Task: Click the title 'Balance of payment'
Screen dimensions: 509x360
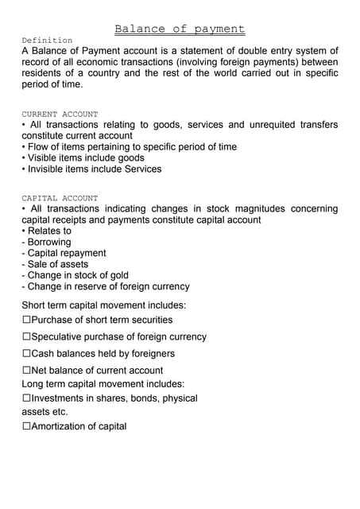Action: [x=180, y=29]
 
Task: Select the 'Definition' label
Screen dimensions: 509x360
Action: [x=47, y=40]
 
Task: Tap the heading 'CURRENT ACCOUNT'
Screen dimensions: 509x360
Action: [x=60, y=115]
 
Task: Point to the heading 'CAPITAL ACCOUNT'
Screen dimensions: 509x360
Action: [x=60, y=198]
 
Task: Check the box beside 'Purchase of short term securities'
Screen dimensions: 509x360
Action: [x=26, y=320]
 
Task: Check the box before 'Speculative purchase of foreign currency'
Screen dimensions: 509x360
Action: [x=26, y=336]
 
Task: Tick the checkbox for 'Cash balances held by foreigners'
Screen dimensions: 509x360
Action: [x=26, y=353]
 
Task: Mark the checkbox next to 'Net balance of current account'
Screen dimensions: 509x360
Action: [x=26, y=370]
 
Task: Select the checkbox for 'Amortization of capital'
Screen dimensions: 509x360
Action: [x=26, y=426]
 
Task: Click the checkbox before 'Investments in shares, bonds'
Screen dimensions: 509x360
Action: [x=26, y=398]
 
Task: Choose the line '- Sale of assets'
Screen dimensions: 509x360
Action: [x=55, y=264]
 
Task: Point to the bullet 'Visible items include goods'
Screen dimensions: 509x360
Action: [x=83, y=157]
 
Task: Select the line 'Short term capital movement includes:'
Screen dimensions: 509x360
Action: [x=104, y=305]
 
